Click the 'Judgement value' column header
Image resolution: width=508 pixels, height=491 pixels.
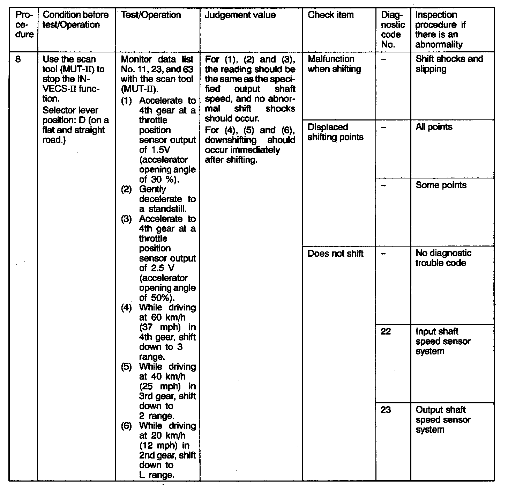pos(240,15)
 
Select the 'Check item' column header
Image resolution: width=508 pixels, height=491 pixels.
pos(330,15)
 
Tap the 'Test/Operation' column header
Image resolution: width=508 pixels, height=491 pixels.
pos(151,15)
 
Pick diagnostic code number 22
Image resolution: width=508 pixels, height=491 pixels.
pos(386,331)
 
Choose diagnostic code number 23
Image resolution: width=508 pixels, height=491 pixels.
pos(386,410)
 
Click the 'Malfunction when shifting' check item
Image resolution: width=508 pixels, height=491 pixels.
pos(334,64)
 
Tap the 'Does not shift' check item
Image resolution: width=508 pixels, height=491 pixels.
pos(335,254)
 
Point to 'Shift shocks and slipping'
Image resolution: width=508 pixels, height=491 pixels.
pos(449,64)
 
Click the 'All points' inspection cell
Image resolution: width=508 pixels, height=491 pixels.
pos(434,127)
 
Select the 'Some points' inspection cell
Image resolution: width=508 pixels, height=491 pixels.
pos(441,185)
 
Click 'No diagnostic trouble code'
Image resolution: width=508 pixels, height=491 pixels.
pos(443,258)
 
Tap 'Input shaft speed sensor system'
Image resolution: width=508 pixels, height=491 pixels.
pos(443,341)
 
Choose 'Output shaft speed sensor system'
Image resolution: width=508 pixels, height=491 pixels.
pos(443,419)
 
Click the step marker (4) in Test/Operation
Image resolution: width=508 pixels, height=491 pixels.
pos(126,308)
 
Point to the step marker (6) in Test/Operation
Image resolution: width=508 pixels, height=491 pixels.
pos(126,426)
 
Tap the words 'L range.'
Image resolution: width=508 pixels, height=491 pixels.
pos(156,475)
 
